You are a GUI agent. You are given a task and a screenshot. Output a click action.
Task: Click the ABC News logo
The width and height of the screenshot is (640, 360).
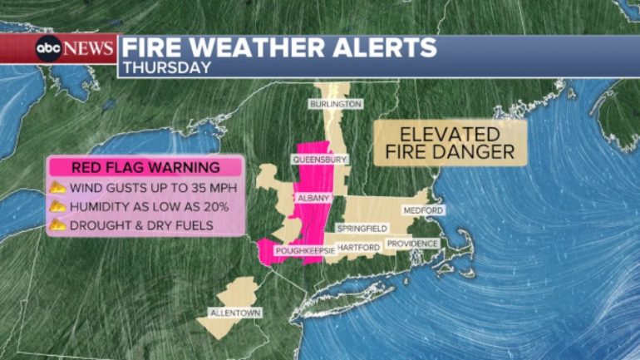coord(74,48)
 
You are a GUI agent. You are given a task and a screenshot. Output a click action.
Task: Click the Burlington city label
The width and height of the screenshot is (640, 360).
coord(336,105)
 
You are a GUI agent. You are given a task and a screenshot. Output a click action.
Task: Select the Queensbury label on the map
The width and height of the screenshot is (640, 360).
coord(319,159)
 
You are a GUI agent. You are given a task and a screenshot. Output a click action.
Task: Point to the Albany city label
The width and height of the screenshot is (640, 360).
coord(314,198)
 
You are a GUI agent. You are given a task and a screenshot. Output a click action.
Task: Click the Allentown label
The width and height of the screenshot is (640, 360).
coord(229,313)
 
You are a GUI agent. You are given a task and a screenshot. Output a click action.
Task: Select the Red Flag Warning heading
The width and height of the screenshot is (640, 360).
coord(145,166)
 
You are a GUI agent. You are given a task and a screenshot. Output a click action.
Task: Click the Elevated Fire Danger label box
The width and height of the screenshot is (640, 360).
coord(450,143)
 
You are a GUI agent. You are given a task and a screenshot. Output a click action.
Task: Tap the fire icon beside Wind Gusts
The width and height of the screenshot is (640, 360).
coord(59,187)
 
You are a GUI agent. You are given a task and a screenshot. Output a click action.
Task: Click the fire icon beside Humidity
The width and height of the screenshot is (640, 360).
coord(59,206)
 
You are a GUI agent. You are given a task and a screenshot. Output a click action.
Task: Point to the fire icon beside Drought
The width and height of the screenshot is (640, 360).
coord(59,224)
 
